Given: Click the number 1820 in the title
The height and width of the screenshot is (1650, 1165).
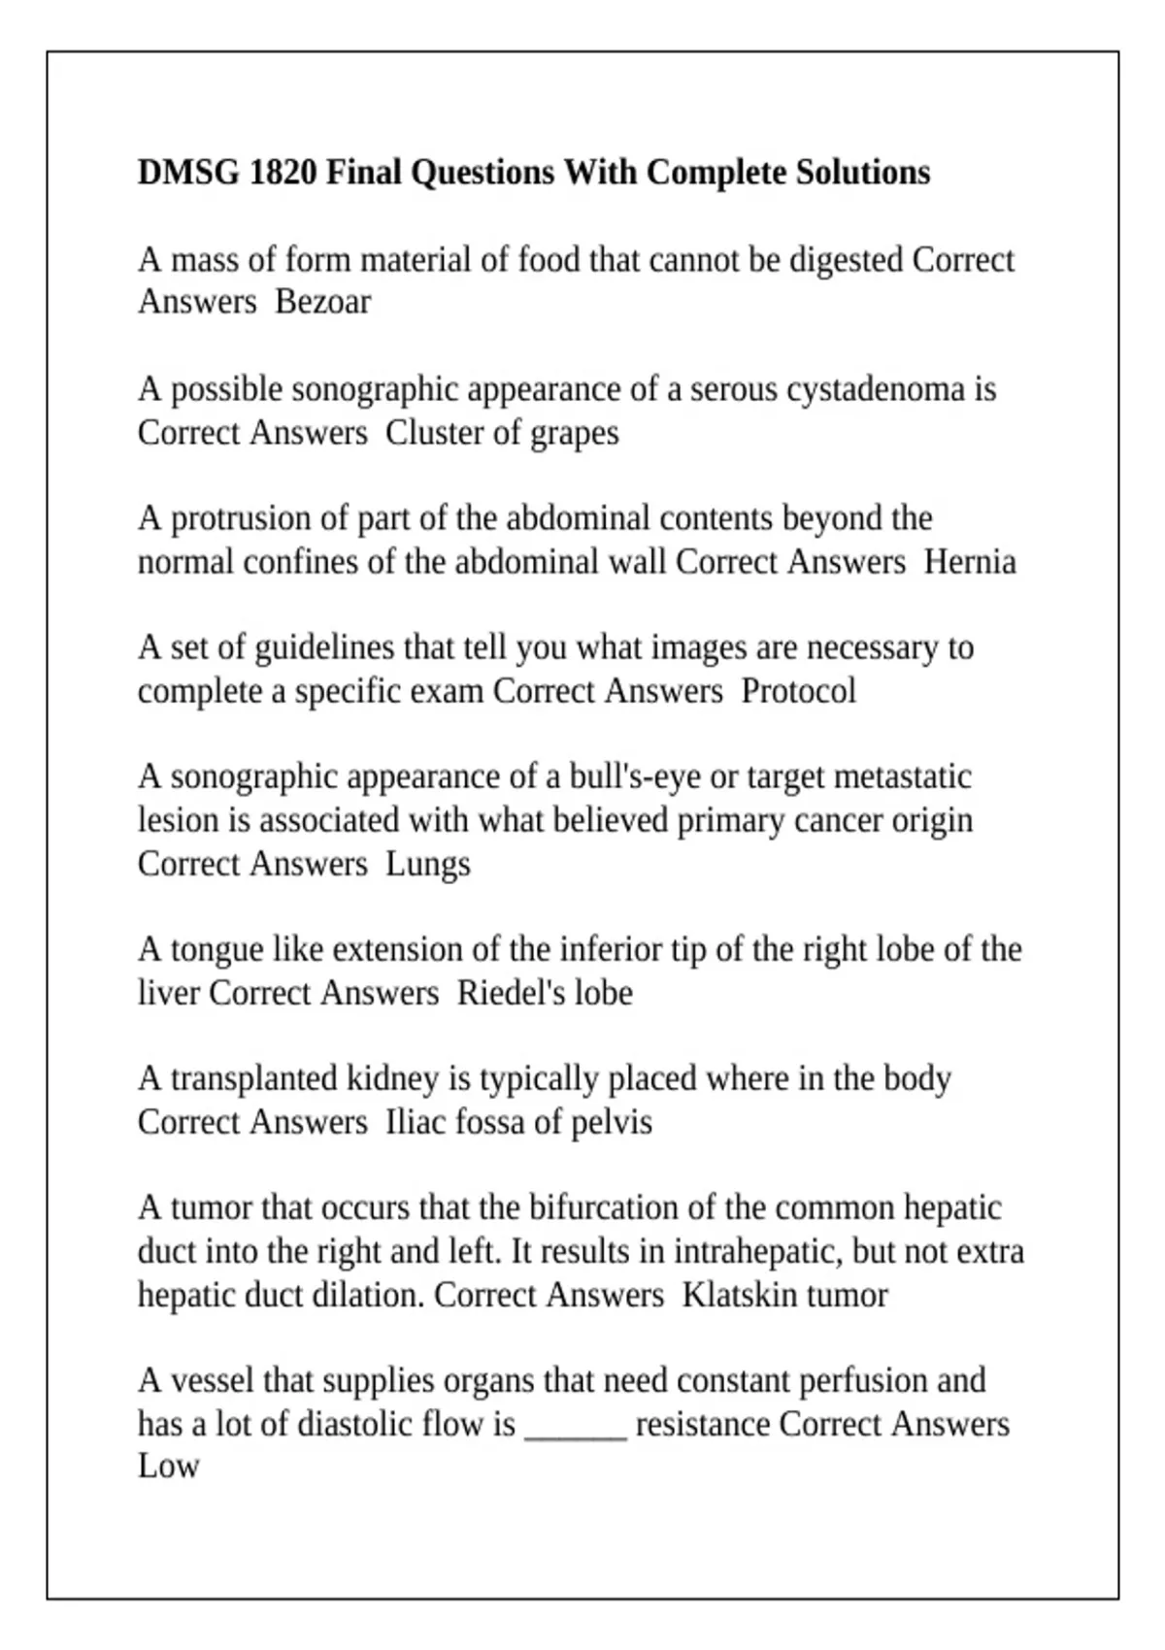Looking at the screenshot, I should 283,173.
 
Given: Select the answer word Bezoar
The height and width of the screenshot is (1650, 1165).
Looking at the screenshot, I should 322,302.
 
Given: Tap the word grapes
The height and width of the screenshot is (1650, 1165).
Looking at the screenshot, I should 574,433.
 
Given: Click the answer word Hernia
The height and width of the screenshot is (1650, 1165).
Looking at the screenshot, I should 970,562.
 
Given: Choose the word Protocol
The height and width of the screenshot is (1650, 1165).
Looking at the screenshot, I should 798,691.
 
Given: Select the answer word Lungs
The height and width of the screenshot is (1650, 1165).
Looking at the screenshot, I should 428,864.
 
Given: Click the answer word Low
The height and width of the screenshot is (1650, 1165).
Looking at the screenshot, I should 168,1466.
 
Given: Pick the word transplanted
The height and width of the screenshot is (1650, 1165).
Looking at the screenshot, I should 252,1078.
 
